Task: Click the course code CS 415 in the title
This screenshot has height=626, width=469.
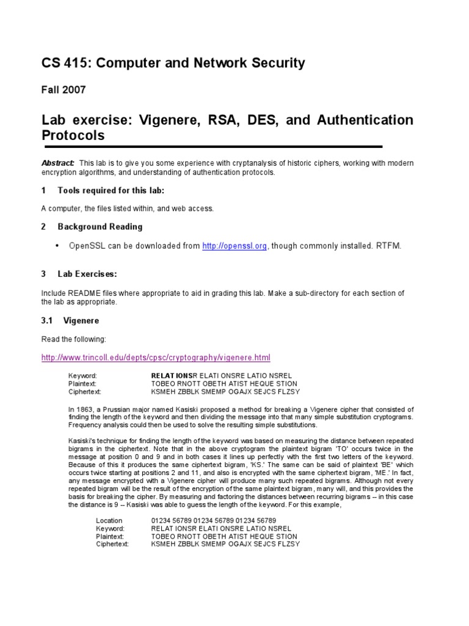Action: click(x=64, y=63)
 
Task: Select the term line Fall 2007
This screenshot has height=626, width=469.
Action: click(x=64, y=90)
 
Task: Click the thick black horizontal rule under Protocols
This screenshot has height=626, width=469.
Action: click(x=212, y=147)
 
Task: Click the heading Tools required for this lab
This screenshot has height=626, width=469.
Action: click(x=111, y=191)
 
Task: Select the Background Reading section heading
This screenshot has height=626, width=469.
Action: click(x=100, y=227)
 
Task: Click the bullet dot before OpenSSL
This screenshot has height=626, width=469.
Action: click(x=57, y=246)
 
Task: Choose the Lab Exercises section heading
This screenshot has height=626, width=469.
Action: click(x=87, y=274)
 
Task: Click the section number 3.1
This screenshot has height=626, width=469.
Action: click(x=48, y=320)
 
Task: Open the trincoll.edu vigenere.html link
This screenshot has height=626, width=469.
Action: click(x=155, y=357)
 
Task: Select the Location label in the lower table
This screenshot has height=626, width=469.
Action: click(x=109, y=520)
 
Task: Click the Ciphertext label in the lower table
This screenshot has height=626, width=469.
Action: click(x=112, y=544)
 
